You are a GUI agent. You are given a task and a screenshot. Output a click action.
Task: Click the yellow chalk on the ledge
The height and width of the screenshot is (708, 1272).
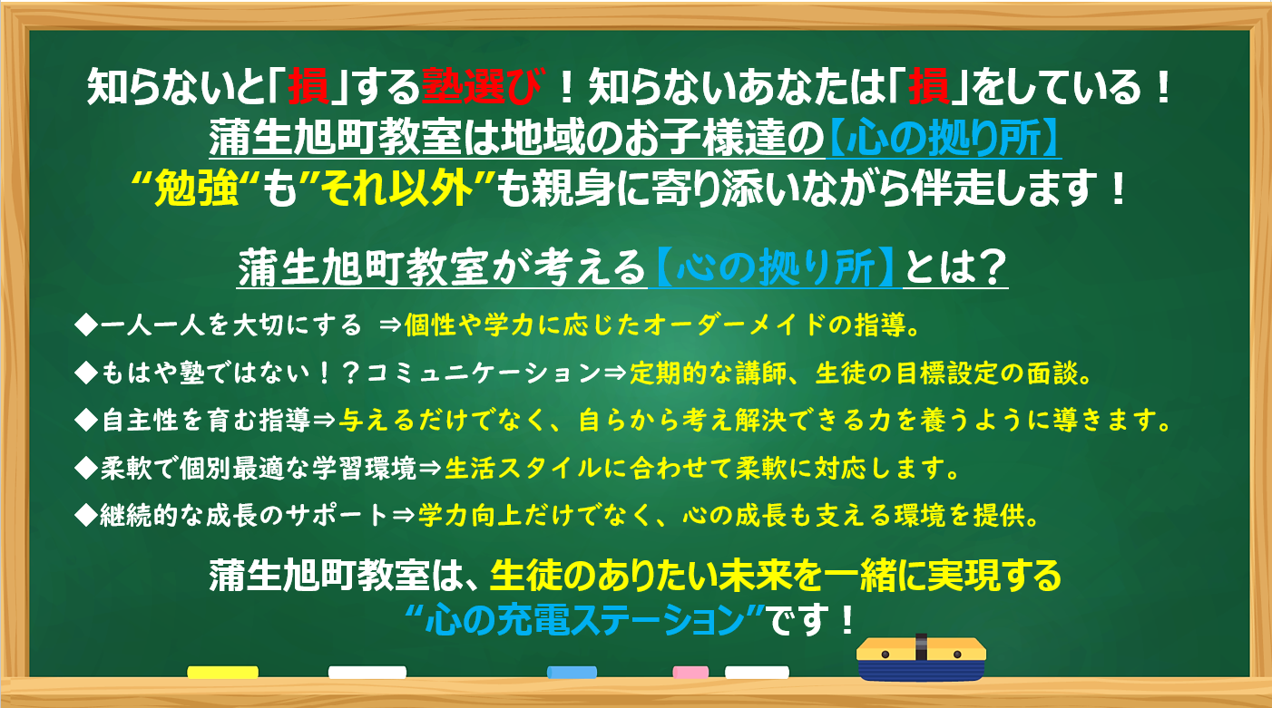223,673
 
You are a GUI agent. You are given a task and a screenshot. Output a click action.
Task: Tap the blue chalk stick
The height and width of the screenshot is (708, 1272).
572,673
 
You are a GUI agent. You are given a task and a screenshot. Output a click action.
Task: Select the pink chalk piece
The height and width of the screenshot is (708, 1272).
690,673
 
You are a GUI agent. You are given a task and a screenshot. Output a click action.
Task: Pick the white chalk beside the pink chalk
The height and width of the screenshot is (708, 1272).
757,673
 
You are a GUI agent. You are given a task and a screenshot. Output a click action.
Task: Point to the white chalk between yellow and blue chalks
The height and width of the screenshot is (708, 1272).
367,673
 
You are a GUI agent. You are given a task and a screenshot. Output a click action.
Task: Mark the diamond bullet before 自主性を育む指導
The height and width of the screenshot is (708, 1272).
87,421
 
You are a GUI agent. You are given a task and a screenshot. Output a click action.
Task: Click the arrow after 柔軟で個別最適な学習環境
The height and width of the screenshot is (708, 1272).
430,468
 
